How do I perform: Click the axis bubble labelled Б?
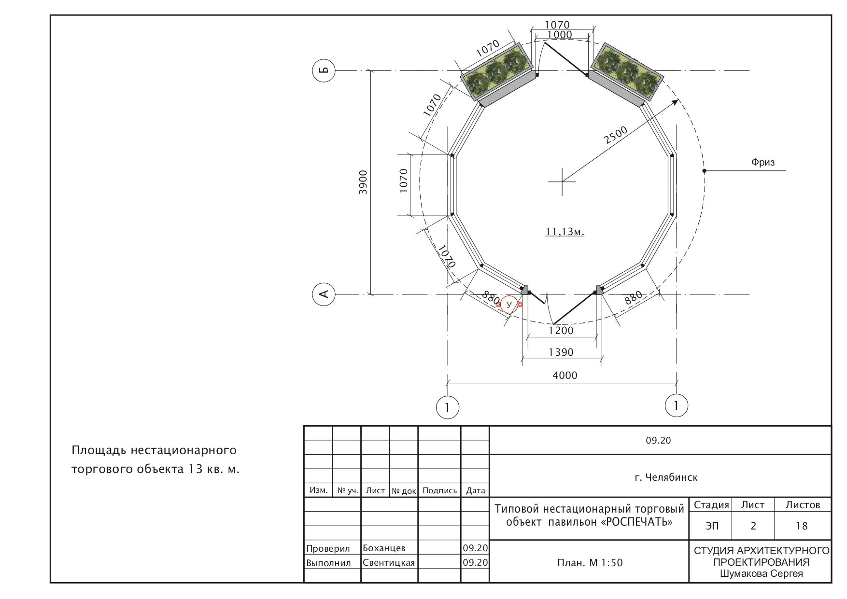tap(324, 70)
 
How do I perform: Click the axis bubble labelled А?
tap(324, 294)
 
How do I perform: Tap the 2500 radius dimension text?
tap(616, 135)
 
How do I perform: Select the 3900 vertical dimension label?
tap(363, 182)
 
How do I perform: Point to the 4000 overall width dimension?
tap(565, 376)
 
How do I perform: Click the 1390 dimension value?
tap(561, 352)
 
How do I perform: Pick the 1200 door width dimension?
tap(561, 331)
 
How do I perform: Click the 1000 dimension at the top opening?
tap(560, 35)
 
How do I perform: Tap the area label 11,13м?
tap(565, 232)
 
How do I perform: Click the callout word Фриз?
tap(763, 163)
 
